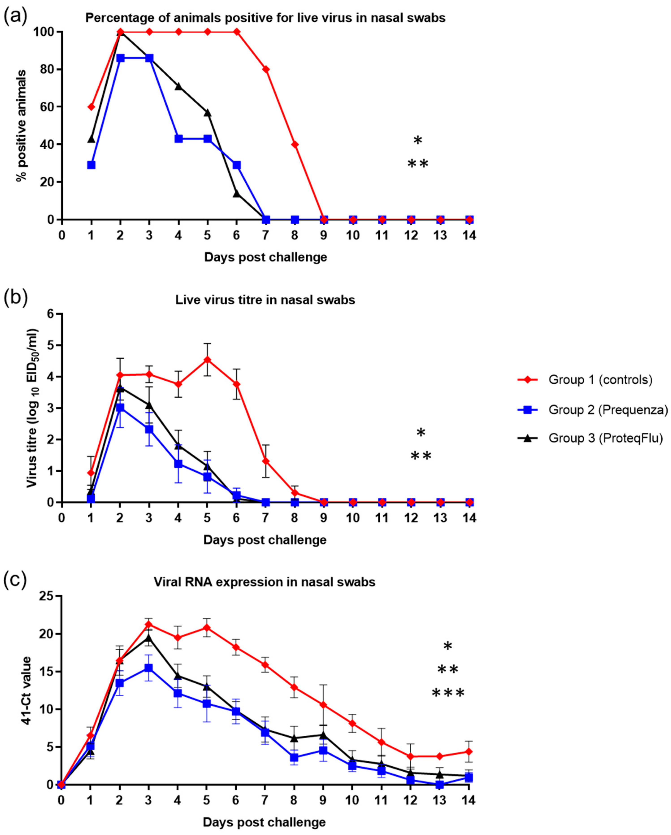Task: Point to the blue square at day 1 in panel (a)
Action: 91,165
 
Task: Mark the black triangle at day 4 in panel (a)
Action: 178,86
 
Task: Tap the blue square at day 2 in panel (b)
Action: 120,408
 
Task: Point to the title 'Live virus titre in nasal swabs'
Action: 265,300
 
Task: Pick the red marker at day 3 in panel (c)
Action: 149,624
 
